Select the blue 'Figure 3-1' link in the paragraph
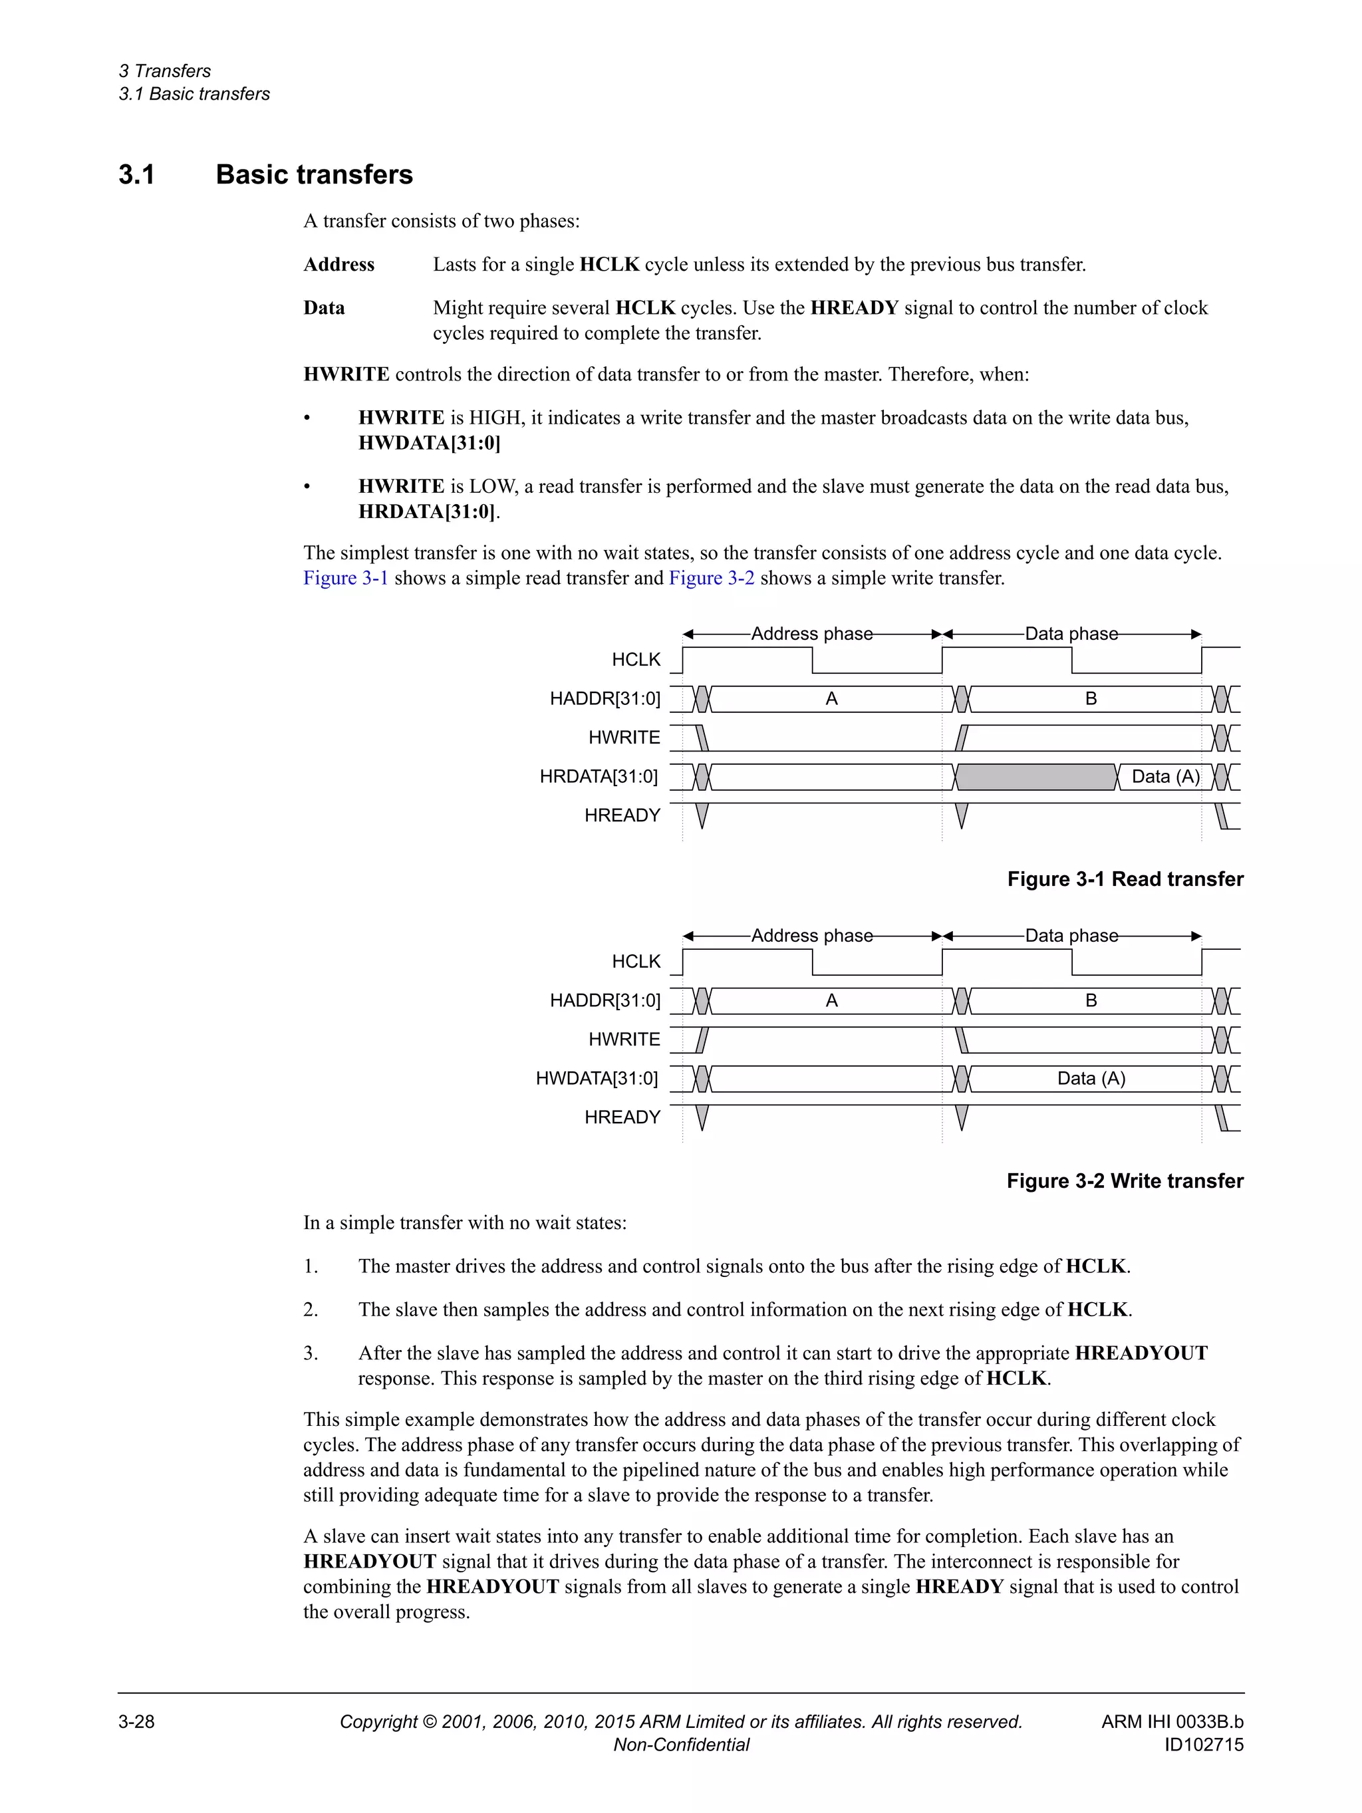pyautogui.click(x=345, y=578)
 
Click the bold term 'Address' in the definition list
pyautogui.click(x=339, y=265)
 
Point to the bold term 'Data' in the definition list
pyautogui.click(x=324, y=308)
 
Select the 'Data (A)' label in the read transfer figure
pyautogui.click(x=1164, y=777)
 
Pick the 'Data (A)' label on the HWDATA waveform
pyautogui.click(x=1091, y=1079)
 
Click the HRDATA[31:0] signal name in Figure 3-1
pyautogui.click(x=599, y=777)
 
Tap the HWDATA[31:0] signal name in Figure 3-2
pyautogui.click(x=597, y=1079)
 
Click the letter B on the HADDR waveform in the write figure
pyautogui.click(x=1091, y=1001)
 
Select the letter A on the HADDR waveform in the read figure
pyautogui.click(x=831, y=699)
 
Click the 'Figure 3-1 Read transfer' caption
pyautogui.click(x=1125, y=879)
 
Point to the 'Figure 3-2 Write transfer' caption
pyautogui.click(x=1125, y=1181)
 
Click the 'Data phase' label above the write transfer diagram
pyautogui.click(x=1071, y=936)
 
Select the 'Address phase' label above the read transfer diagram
pyautogui.click(x=811, y=634)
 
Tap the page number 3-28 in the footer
pyautogui.click(x=136, y=1722)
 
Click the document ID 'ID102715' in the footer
pyautogui.click(x=1203, y=1745)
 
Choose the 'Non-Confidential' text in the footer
pyautogui.click(x=681, y=1745)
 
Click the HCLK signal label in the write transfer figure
pyautogui.click(x=635, y=962)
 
